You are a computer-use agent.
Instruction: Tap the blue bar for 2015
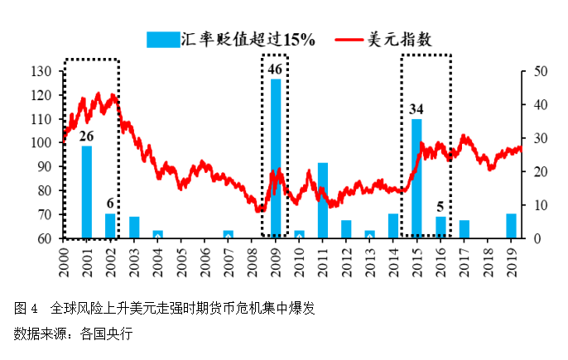point(416,179)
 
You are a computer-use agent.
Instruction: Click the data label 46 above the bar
point(276,69)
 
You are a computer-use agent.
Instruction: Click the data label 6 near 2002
point(110,204)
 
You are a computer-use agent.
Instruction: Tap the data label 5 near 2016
point(441,208)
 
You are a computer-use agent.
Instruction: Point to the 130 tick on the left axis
point(41,71)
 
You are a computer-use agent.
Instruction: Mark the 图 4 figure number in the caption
point(26,309)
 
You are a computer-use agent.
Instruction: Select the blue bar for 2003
point(134,228)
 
